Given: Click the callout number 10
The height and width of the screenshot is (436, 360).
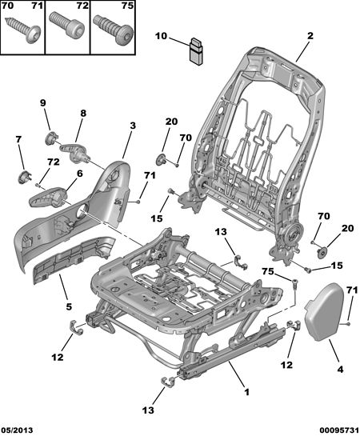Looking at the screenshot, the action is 162,36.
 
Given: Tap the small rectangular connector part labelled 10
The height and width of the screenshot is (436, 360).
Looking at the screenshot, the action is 196,52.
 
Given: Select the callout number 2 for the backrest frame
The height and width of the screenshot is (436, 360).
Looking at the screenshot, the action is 310,35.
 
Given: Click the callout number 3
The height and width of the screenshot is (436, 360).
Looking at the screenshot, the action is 133,126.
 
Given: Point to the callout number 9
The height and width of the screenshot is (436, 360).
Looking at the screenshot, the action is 42,103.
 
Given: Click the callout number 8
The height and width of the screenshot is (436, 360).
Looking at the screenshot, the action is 83,113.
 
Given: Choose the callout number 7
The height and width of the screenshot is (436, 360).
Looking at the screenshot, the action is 18,139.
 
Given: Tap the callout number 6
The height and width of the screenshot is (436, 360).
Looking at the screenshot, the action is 79,174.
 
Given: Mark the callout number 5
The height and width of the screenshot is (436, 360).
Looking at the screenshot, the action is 69,306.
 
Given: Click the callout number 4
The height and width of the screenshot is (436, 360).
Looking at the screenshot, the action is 340,370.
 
